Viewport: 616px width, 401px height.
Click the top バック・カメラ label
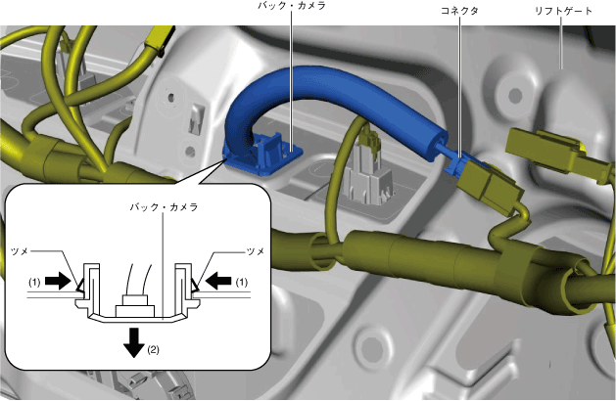(291, 6)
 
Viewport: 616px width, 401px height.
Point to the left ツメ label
(24, 251)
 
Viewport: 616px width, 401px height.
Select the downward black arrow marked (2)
(131, 341)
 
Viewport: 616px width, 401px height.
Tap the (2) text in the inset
(152, 350)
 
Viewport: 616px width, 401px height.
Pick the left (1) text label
(32, 283)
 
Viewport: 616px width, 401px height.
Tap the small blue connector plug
(452, 160)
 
